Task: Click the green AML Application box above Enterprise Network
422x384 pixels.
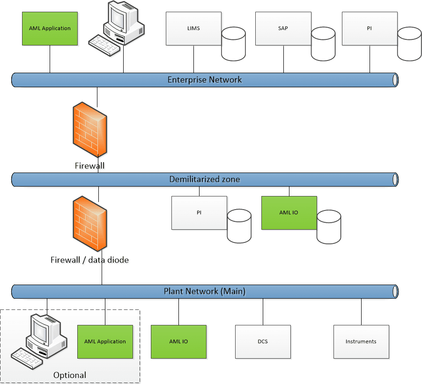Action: pos(50,29)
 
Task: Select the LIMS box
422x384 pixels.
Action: pos(193,29)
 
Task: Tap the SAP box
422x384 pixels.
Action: pos(283,29)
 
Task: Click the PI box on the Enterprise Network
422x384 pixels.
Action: pos(370,29)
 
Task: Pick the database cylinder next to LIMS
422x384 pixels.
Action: pos(234,44)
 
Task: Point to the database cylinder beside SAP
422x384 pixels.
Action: pos(324,44)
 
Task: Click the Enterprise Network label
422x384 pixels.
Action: pos(205,80)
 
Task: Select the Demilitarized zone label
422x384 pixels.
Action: pos(205,179)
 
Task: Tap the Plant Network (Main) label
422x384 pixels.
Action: pos(205,291)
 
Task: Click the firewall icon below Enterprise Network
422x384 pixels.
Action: pos(89,131)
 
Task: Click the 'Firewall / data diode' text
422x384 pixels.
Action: pos(89,259)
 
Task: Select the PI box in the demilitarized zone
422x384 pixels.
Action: pos(199,213)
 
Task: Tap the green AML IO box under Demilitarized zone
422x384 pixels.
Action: pos(289,213)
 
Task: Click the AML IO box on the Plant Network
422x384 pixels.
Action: pos(178,342)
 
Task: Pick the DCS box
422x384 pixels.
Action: pos(262,342)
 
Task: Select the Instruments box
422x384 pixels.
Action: pos(361,342)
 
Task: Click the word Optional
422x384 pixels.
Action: pos(70,375)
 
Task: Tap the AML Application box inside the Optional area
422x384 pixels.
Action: pos(105,342)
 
